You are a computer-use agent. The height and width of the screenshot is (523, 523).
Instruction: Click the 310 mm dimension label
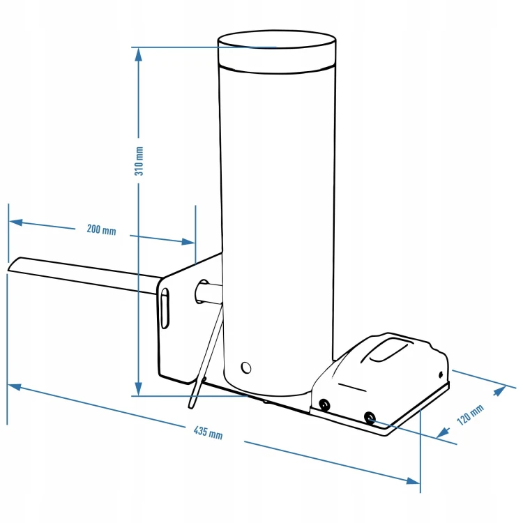pyautogui.click(x=139, y=161)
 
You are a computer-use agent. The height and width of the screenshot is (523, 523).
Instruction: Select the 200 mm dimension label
pyautogui.click(x=101, y=230)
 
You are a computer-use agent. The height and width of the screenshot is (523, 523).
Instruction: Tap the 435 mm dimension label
pyautogui.click(x=208, y=432)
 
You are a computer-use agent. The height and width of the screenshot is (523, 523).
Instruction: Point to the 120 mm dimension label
pyautogui.click(x=470, y=415)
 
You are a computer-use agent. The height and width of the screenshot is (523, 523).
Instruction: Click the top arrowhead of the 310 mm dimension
pyautogui.click(x=139, y=54)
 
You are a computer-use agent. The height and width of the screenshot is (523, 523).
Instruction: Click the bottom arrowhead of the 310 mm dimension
pyautogui.click(x=139, y=389)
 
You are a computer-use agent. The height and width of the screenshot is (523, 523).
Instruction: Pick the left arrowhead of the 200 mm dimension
pyautogui.click(x=16, y=222)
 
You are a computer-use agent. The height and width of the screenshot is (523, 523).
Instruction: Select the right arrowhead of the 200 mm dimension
pyautogui.click(x=188, y=241)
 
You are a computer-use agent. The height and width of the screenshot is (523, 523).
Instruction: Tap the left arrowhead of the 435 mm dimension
pyautogui.click(x=15, y=387)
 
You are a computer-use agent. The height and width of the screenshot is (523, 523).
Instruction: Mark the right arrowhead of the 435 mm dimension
pyautogui.click(x=413, y=480)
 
